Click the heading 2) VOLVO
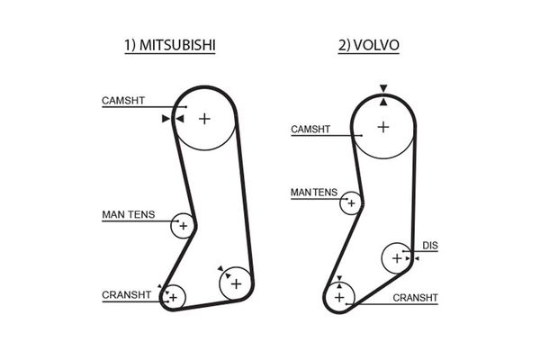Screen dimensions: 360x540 pos(369,44)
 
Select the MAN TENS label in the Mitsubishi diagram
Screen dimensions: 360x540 pos(128,215)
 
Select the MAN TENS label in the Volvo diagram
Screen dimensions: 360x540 pos(314,192)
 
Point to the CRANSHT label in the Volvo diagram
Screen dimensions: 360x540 pos(415,296)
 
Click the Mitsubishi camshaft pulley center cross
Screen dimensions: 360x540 pos(204,118)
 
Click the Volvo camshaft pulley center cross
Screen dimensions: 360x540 pos(383,127)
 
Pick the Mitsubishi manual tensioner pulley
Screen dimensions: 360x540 pos(183,225)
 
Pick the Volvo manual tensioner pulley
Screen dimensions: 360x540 pos(351,202)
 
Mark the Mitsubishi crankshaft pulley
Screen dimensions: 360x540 pos(173,295)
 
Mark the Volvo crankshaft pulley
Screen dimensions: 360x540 pos(339,294)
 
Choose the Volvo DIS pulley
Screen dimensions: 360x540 pos(396,258)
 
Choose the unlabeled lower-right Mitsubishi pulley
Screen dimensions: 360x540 pos(236,283)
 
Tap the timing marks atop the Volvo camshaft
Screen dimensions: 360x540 pos(383,91)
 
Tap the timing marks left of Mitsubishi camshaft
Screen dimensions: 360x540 pos(167,117)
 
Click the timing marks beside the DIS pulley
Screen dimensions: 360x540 pos(412,258)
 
